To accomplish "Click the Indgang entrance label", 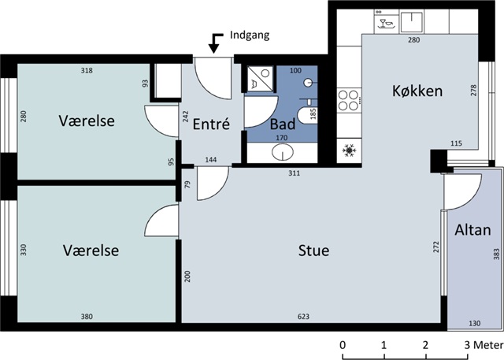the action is coord(250,35).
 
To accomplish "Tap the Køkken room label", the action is coord(417,91).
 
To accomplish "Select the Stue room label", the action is coord(313,251).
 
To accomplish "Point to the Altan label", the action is coord(472,230).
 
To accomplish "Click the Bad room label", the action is coord(283,124).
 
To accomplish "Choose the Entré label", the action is coord(211,124).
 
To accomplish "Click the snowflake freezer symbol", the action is coord(349,150).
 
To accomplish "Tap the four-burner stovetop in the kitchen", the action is coord(349,100).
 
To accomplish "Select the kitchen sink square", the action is coord(412,21).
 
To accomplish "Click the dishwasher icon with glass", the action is coord(387,21).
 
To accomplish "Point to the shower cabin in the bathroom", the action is coord(261,79).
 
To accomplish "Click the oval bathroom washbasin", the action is coord(283,152).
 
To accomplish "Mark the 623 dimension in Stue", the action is coord(303,317).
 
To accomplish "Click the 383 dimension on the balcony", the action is coord(497,254).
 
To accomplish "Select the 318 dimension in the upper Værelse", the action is coord(87,70).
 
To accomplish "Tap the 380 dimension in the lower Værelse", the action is coord(87,317).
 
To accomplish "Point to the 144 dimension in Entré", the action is coord(211,160).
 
